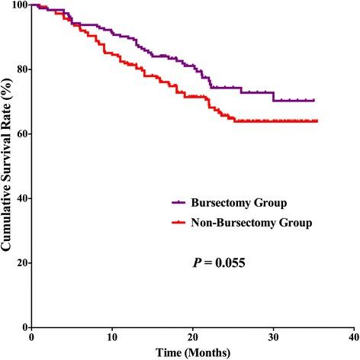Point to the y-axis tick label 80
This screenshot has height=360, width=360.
point(18,69)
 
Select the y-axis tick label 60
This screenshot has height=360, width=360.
point(18,134)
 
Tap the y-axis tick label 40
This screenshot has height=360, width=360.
point(18,198)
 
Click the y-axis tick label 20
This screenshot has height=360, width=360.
point(18,263)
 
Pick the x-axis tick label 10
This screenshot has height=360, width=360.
point(112,336)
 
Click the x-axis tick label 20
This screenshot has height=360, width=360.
point(192,336)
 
